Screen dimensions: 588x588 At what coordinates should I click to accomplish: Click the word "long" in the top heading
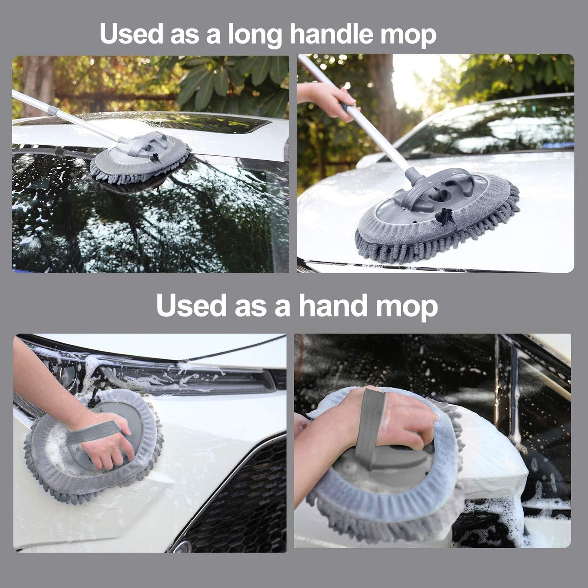[x=254, y=35]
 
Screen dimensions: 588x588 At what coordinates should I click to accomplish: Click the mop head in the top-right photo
[x=437, y=216]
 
